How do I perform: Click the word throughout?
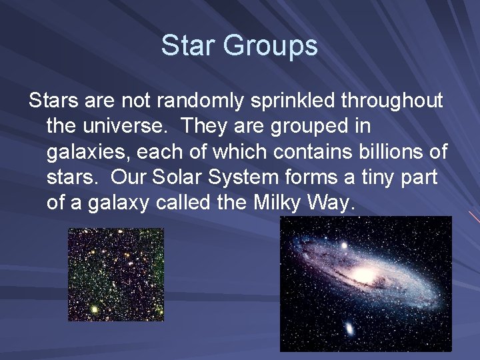pyautogui.click(x=392, y=101)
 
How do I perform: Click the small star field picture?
pyautogui.click(x=116, y=275)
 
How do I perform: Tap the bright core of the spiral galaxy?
pyautogui.click(x=363, y=275)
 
